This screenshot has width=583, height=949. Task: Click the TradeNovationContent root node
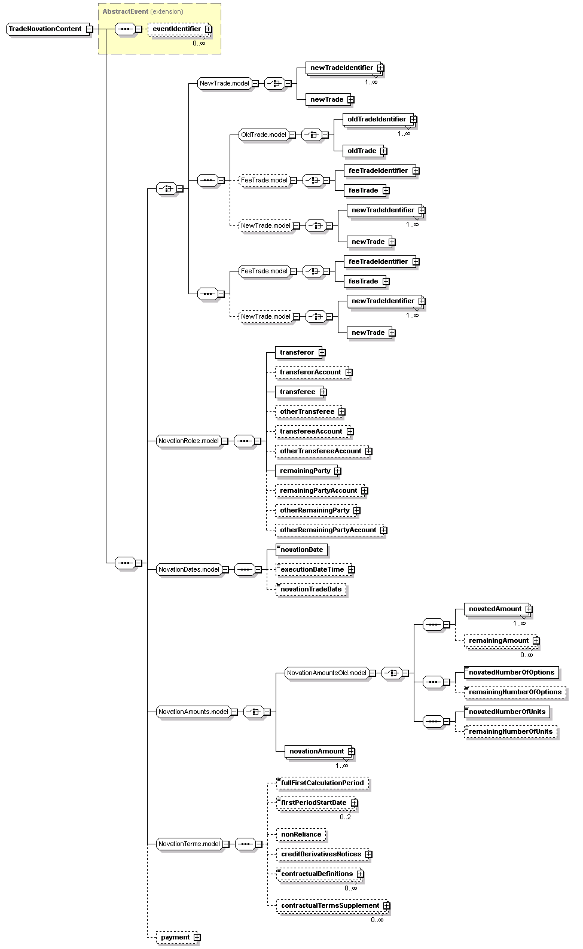pyautogui.click(x=45, y=29)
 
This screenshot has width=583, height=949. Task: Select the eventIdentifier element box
pyautogui.click(x=176, y=29)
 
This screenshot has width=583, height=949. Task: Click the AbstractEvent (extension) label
pyautogui.click(x=143, y=11)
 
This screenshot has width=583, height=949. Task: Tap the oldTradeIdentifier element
pyautogui.click(x=376, y=119)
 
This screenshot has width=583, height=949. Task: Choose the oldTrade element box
pyautogui.click(x=362, y=151)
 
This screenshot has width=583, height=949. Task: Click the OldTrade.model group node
pyautogui.click(x=263, y=135)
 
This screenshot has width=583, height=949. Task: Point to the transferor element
pyautogui.click(x=297, y=352)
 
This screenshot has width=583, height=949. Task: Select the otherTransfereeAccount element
pyautogui.click(x=321, y=451)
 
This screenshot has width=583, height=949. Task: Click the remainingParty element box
pyautogui.click(x=305, y=471)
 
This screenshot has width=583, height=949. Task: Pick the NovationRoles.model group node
pyautogui.click(x=188, y=441)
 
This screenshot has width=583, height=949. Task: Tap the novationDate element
pyautogui.click(x=301, y=550)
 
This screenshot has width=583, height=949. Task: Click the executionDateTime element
pyautogui.click(x=312, y=569)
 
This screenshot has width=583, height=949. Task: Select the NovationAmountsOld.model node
pyautogui.click(x=326, y=673)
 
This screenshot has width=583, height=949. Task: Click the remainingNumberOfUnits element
pyautogui.click(x=510, y=731)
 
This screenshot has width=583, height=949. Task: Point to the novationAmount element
pyautogui.click(x=316, y=751)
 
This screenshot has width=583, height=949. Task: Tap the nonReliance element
pyautogui.click(x=301, y=834)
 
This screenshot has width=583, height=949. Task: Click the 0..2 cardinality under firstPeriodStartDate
pyautogui.click(x=345, y=817)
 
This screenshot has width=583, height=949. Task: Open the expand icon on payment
pyautogui.click(x=197, y=938)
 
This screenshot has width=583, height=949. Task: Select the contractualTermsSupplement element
pyautogui.click(x=329, y=905)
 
